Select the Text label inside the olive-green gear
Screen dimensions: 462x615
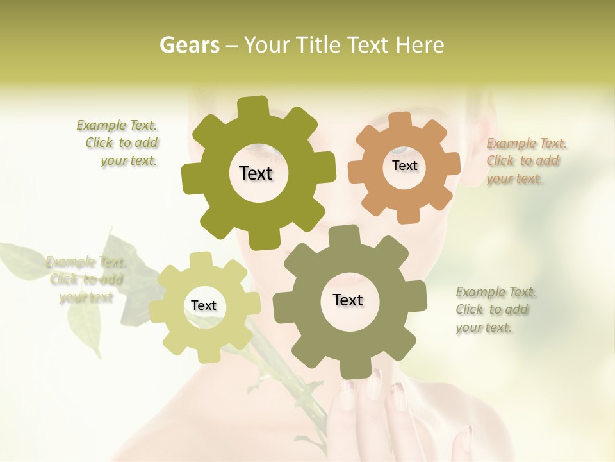click(256, 173)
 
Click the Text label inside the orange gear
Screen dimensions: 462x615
click(404, 166)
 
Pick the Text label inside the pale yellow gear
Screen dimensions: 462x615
click(204, 306)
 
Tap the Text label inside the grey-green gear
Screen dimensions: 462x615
click(348, 300)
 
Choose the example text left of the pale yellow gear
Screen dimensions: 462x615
click(86, 279)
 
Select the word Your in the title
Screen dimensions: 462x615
click(269, 45)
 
